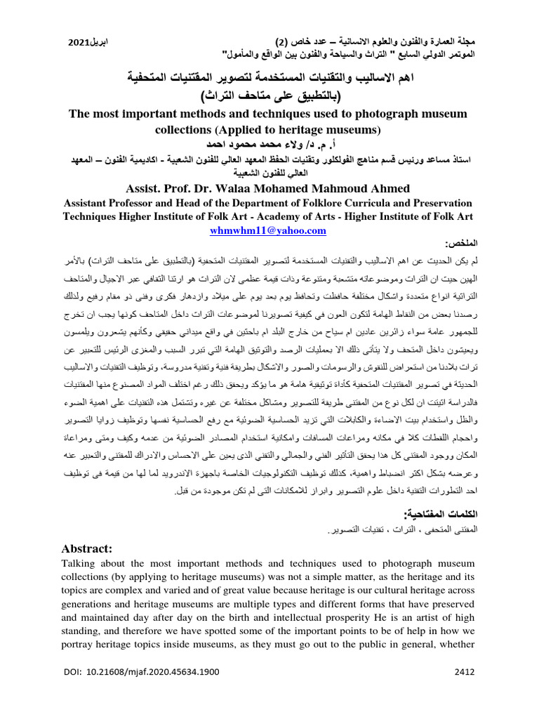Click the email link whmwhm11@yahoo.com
click(269, 230)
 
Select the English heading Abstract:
click(92, 548)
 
